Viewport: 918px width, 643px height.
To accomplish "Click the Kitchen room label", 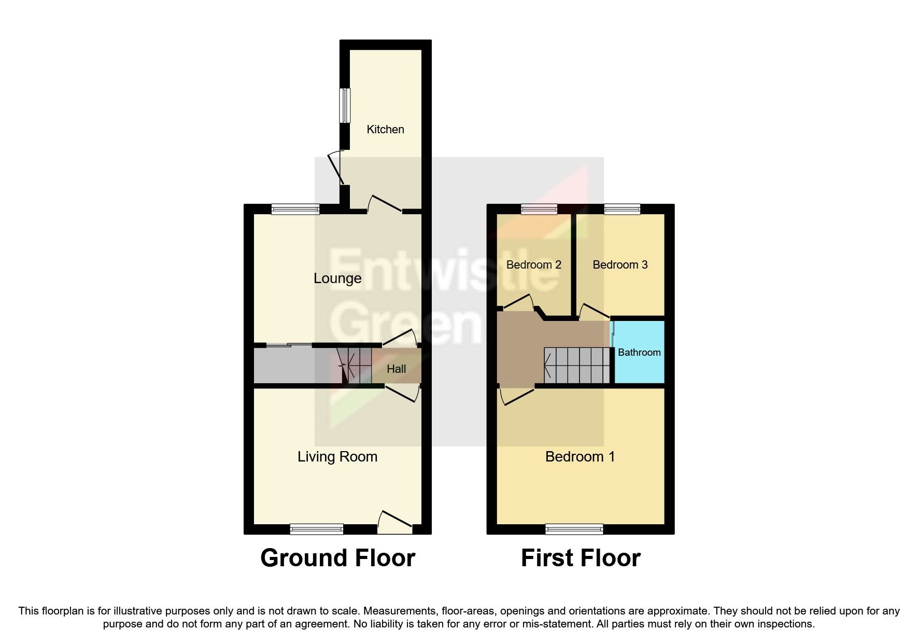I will [385, 130].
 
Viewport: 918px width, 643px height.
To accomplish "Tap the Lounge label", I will [337, 278].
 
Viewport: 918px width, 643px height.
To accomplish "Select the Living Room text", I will [337, 457].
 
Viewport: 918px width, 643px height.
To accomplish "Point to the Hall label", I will [397, 369].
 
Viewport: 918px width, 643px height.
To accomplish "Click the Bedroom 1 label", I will [580, 457].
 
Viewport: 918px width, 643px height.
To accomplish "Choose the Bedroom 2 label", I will [533, 265].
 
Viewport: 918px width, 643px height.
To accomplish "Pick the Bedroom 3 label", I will [620, 265].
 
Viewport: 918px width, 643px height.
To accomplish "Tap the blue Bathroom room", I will [639, 353].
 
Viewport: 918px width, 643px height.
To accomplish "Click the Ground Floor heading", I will [337, 558].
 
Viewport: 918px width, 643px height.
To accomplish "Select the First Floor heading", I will [581, 558].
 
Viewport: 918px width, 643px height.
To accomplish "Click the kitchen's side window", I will [345, 106].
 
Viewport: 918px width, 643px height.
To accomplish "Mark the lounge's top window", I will [295, 209].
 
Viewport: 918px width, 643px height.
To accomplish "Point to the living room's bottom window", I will [316, 529].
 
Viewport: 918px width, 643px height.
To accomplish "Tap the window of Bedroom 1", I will [574, 529].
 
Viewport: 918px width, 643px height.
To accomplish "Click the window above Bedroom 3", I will [622, 209].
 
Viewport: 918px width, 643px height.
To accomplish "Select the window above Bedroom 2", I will [539, 209].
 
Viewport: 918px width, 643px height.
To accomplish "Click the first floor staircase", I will [576, 365].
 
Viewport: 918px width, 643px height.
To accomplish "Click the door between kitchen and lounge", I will [385, 205].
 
